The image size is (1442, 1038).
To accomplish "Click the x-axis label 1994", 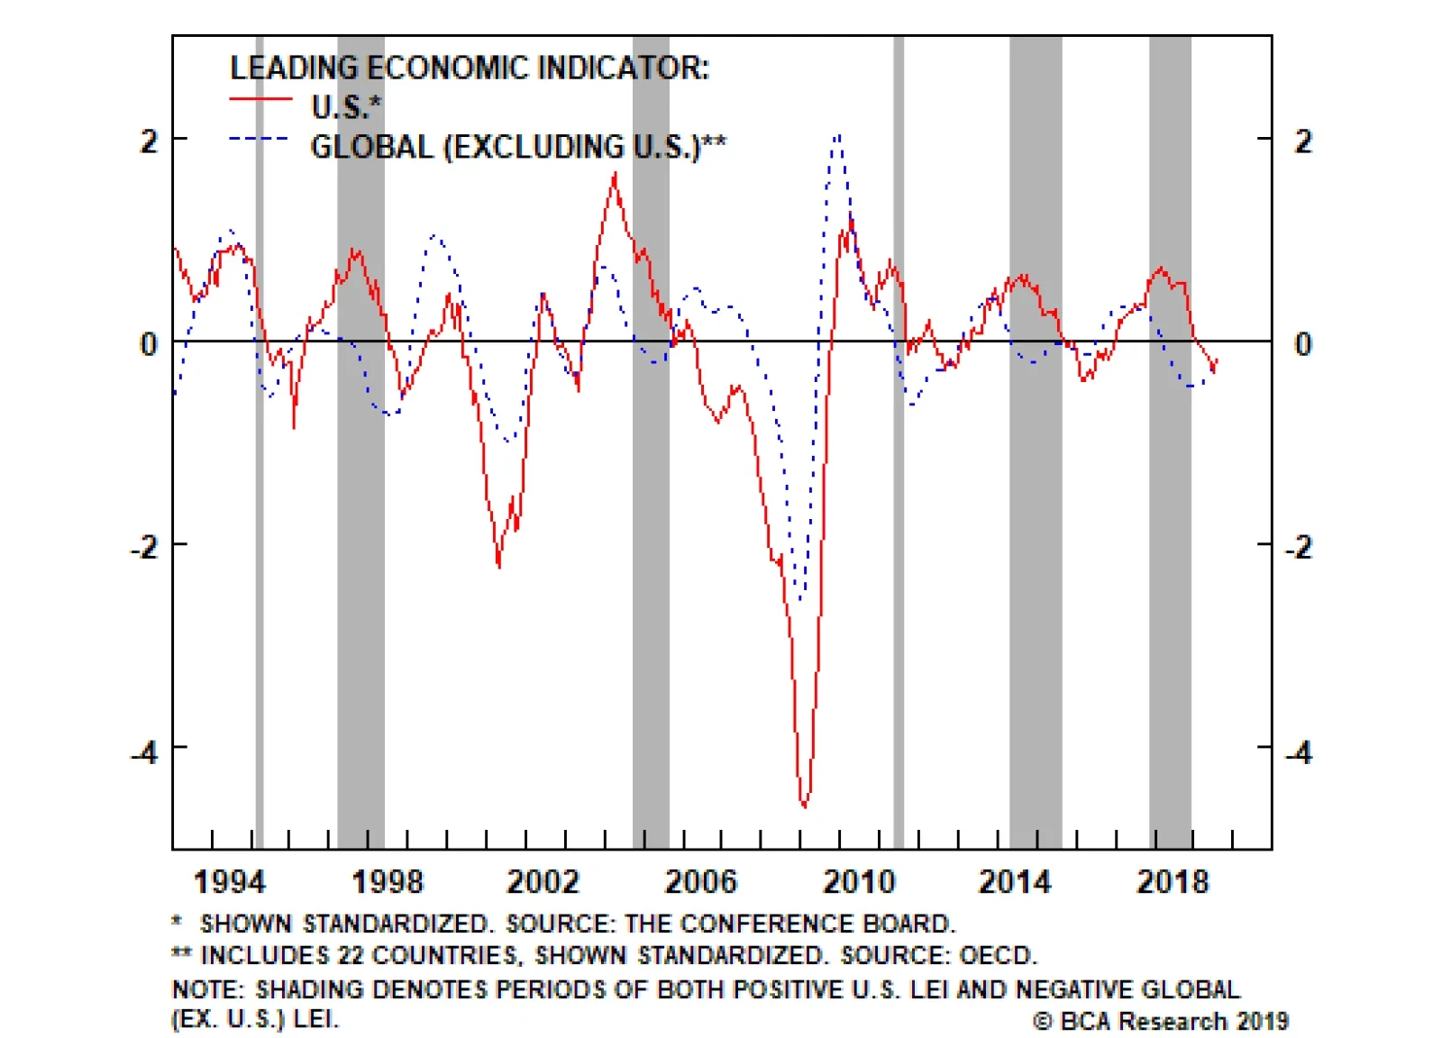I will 230,881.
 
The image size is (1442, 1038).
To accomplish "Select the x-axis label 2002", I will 543,881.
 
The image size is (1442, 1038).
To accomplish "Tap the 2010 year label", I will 858,881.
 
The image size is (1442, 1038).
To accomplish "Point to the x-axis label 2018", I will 1172,881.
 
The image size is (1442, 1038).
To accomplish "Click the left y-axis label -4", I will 144,751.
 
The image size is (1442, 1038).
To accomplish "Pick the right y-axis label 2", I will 1302,141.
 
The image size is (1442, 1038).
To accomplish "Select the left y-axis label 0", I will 148,343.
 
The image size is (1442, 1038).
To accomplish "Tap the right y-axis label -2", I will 1299,547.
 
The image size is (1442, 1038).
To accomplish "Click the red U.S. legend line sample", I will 260,99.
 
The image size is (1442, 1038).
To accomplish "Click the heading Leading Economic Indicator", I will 470,68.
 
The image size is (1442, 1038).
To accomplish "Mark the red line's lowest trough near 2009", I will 804,805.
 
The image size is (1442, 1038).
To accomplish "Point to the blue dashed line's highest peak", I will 838,137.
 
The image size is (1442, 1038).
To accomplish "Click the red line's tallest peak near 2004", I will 615,175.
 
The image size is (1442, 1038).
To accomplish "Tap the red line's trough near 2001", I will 498,565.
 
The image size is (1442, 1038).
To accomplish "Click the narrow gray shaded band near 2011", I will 899,442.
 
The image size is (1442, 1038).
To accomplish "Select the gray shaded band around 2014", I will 1036,442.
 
